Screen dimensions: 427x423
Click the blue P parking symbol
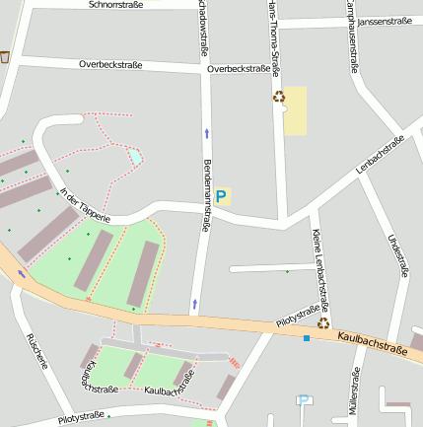point(221,196)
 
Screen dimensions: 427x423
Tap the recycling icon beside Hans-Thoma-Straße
point(279,97)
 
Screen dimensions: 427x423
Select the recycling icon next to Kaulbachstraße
point(323,322)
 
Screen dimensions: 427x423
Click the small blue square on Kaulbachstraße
point(307,339)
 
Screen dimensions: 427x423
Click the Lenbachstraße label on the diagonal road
point(381,158)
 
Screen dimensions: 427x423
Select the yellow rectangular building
point(295,111)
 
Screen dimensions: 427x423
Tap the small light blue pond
point(134,156)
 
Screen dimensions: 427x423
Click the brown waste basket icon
point(5,57)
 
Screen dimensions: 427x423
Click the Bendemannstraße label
point(206,194)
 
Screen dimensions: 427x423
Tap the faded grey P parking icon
point(304,400)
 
